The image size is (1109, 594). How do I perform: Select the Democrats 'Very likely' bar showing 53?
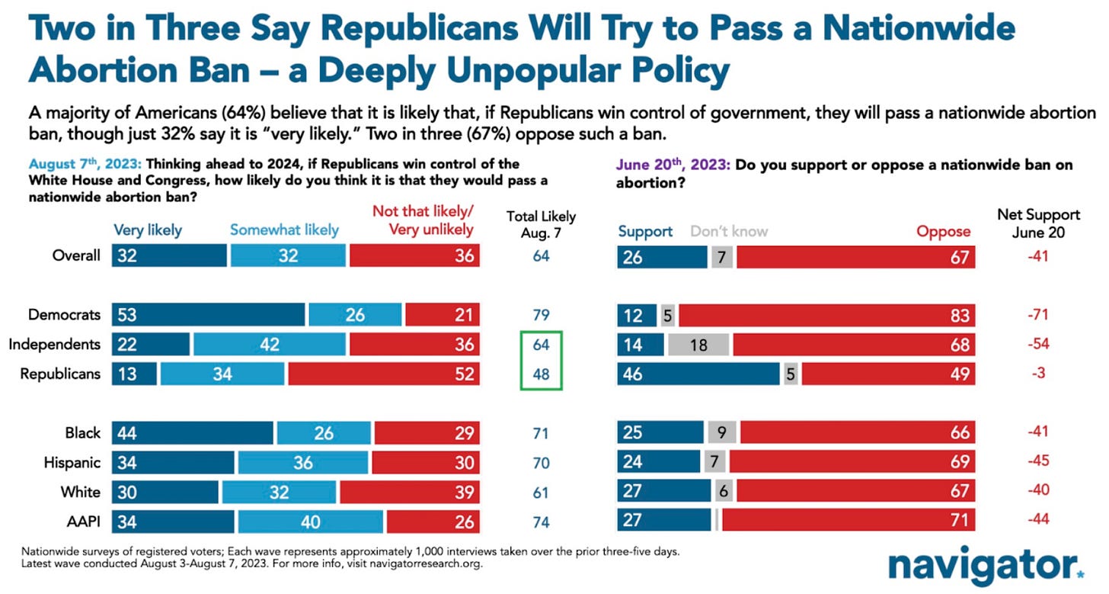click(x=208, y=314)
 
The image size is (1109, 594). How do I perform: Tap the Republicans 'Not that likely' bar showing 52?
click(x=384, y=374)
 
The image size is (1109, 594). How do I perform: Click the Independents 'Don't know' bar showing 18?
click(x=698, y=344)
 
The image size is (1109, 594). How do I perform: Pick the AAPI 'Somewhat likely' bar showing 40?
click(x=310, y=522)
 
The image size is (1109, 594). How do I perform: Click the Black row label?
click(x=82, y=432)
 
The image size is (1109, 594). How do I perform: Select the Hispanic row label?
click(x=74, y=462)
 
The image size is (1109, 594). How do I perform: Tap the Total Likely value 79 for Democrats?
click(x=542, y=314)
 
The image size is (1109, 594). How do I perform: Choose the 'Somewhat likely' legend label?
click(x=284, y=229)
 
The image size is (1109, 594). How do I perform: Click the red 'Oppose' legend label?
click(x=944, y=230)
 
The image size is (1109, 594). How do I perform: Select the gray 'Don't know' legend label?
click(x=729, y=230)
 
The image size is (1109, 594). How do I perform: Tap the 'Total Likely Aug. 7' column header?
click(x=541, y=223)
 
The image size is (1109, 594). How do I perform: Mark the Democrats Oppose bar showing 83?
click(x=826, y=314)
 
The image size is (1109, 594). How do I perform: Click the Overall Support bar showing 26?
click(x=662, y=256)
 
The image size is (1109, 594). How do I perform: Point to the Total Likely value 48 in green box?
click(x=542, y=374)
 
